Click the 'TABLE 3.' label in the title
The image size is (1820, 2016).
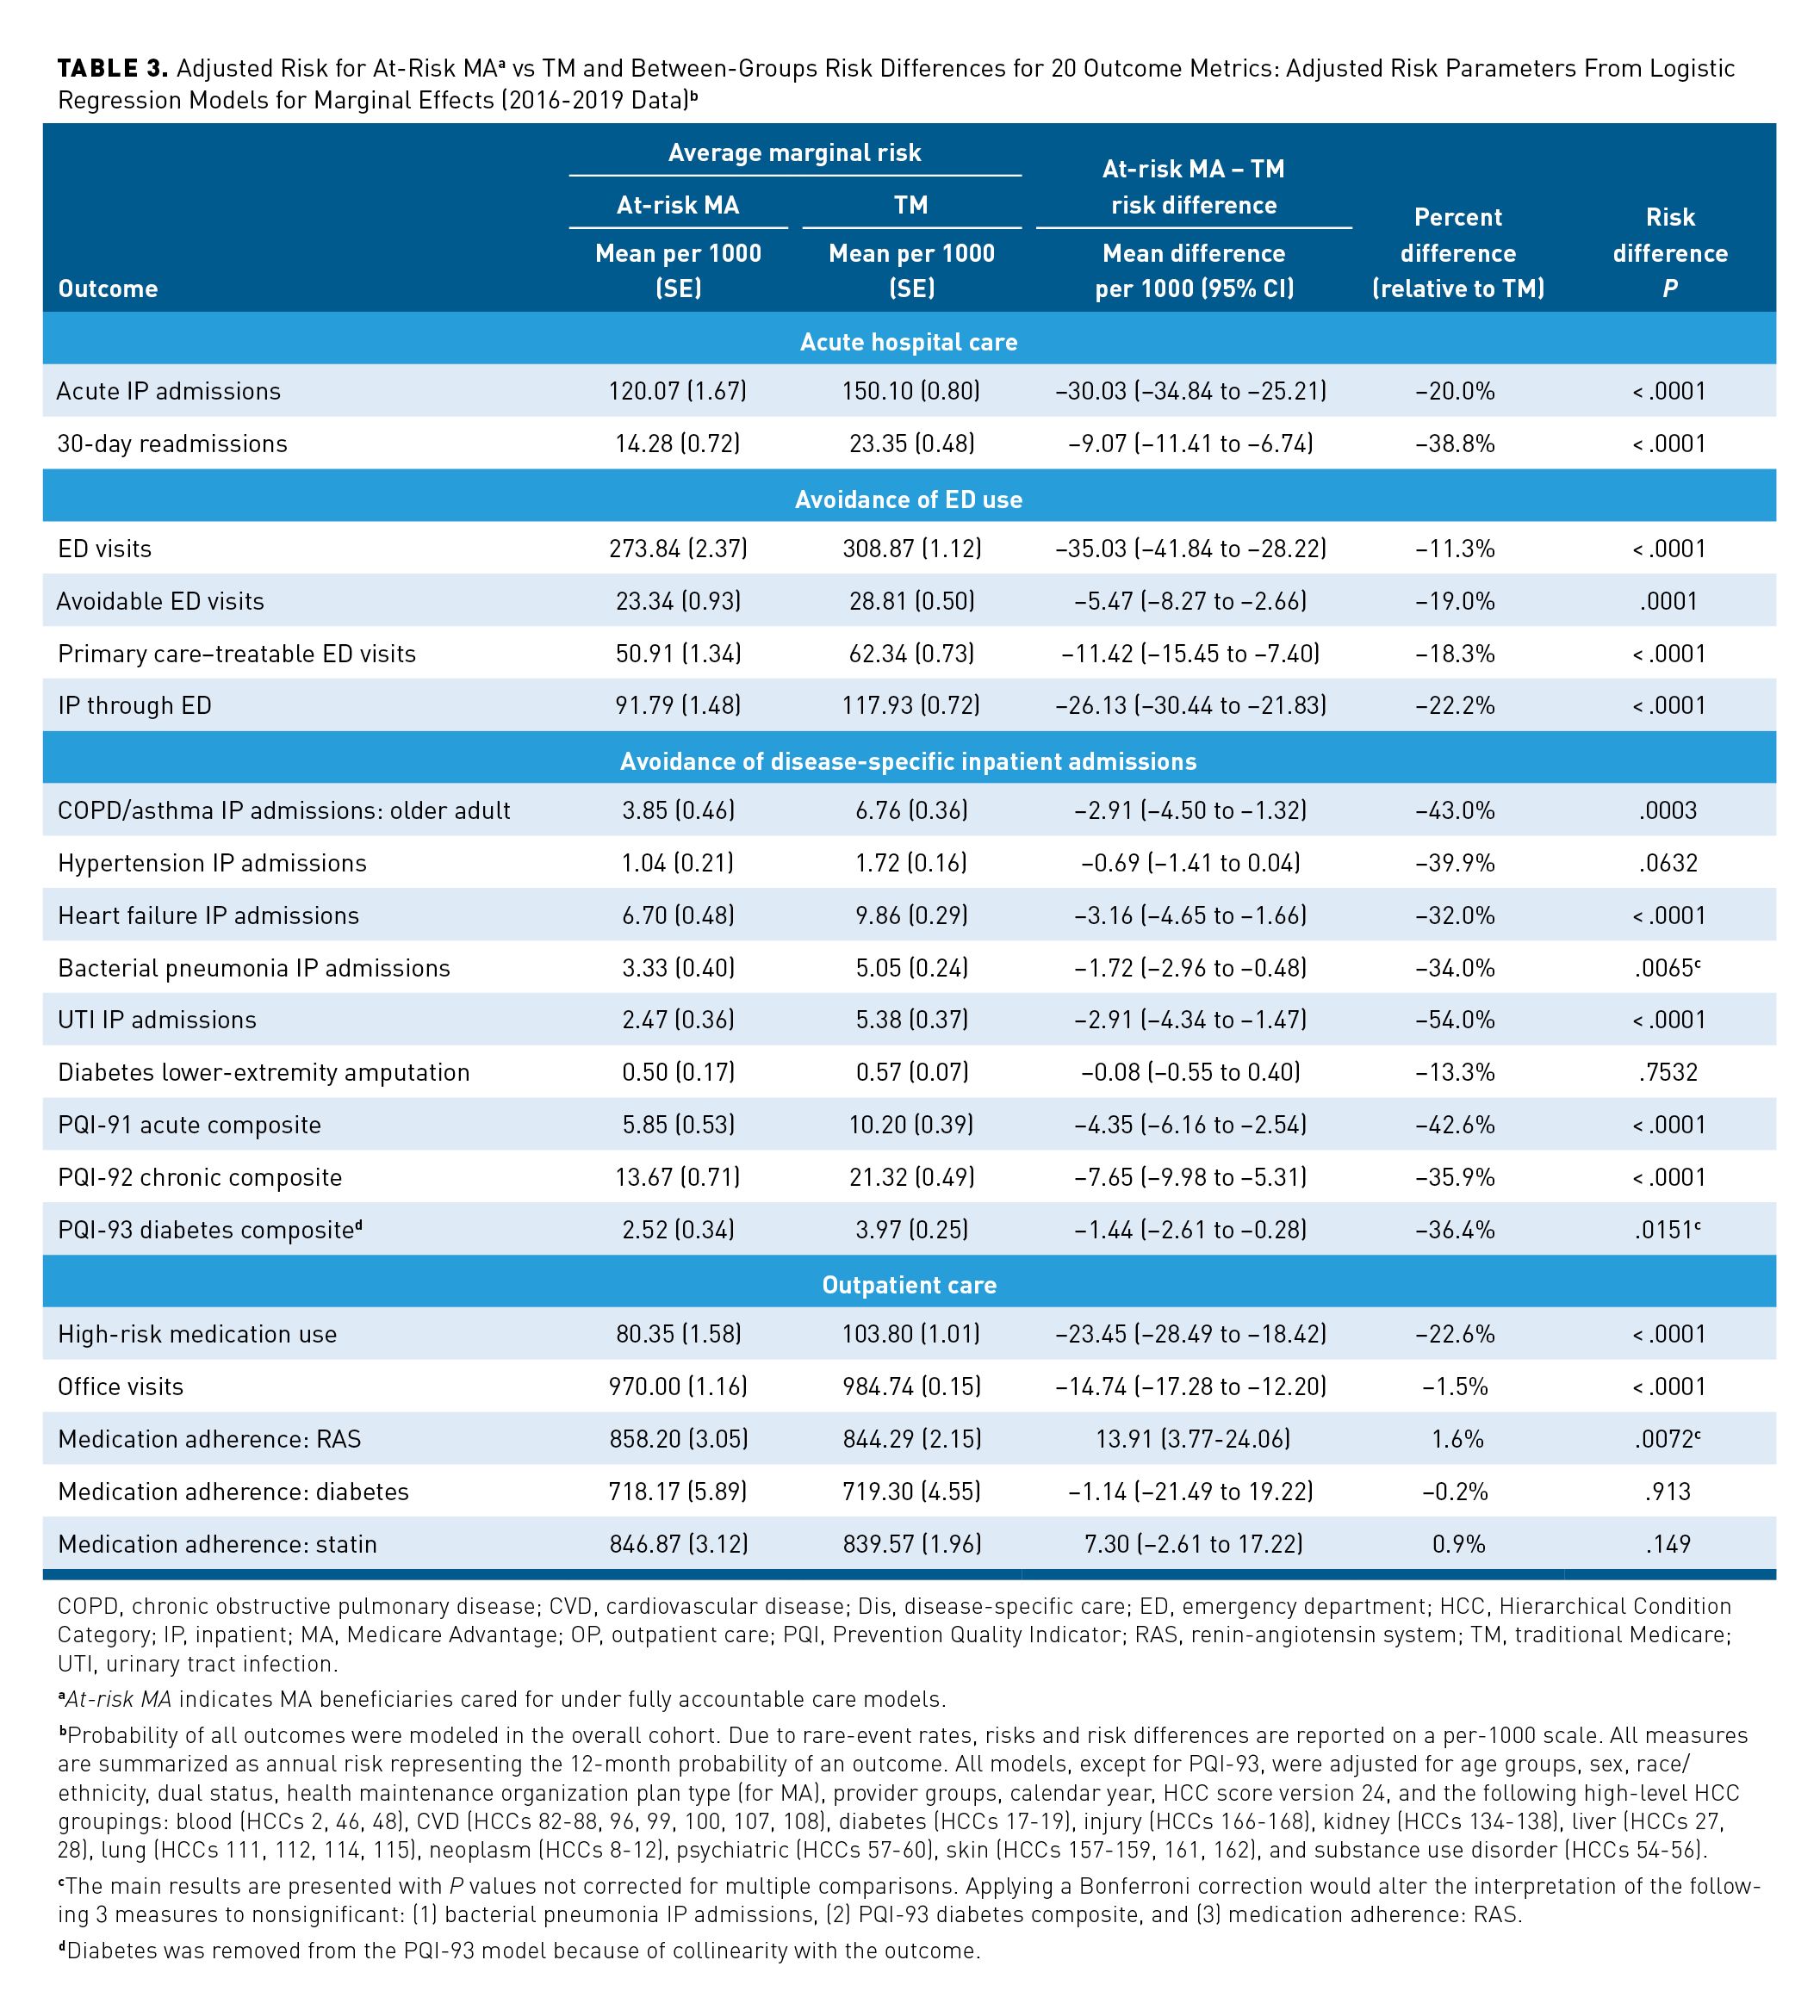pos(111,68)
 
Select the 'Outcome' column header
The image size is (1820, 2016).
pos(108,289)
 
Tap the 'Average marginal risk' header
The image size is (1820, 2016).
pos(794,152)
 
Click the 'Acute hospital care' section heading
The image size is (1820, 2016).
pos(908,342)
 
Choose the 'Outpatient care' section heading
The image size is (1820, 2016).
pos(908,1285)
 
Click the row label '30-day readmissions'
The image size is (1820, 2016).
pos(172,444)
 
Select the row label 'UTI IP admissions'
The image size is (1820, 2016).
pos(157,1020)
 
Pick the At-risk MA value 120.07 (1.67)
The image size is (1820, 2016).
pos(678,391)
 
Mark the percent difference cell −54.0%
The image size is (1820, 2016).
pos(1455,1020)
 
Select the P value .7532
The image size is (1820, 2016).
pos(1668,1073)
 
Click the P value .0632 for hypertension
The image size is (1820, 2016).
pos(1668,863)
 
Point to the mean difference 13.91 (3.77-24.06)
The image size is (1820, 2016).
pos(1193,1439)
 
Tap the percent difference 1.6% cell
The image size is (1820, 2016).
pos(1456,1439)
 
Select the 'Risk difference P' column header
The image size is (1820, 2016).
pos(1669,253)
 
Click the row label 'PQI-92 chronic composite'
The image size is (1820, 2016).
pos(200,1178)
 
